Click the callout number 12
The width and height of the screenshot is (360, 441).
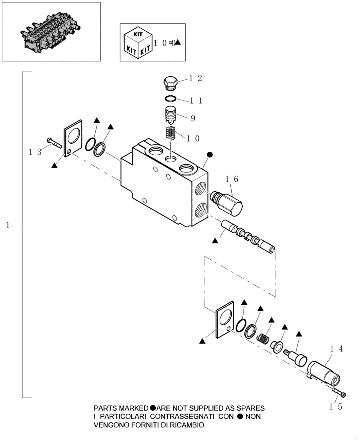[x=195, y=78]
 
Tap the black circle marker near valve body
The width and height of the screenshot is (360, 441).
[x=210, y=155]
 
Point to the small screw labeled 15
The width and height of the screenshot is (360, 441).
[x=337, y=392]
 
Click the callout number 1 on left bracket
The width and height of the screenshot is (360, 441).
[x=8, y=226]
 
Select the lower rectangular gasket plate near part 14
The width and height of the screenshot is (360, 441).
[x=225, y=320]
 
